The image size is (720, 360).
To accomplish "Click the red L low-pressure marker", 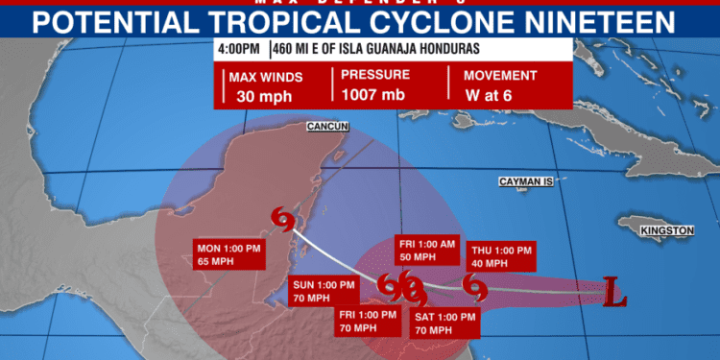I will (614, 291).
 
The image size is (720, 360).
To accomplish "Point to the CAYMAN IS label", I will (527, 180).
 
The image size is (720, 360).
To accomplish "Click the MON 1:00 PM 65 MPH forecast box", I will (228, 257).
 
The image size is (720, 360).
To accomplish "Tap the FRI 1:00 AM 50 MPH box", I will (430, 251).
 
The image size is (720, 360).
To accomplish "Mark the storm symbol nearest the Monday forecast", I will (283, 220).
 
